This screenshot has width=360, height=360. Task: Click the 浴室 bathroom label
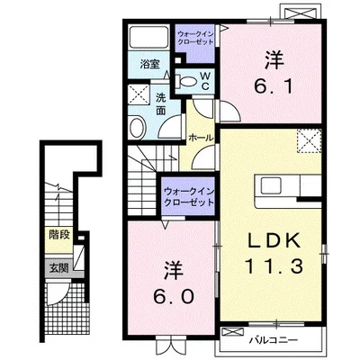tap(149, 64)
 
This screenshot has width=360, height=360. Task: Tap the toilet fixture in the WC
tap(186, 81)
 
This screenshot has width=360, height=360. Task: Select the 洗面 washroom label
tap(161, 104)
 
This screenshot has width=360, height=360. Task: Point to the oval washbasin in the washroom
tap(137, 127)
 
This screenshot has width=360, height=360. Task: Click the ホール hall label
tap(201, 139)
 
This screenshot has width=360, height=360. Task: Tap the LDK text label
tap(274, 240)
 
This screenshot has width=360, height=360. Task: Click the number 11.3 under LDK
tap(274, 266)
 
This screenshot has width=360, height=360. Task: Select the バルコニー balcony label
tap(274, 340)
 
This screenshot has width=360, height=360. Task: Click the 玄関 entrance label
tap(58, 268)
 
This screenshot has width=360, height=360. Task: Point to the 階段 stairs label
tap(59, 235)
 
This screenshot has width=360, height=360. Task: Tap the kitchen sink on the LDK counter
tap(271, 185)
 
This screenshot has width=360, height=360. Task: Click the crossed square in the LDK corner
tap(309, 140)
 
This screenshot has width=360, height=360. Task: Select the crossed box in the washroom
tap(139, 94)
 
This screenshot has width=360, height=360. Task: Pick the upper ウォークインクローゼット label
tap(195, 38)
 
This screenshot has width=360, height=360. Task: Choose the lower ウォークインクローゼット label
tap(189, 196)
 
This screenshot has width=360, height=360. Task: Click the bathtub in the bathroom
tap(148, 37)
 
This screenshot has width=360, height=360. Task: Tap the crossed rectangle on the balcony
tap(233, 333)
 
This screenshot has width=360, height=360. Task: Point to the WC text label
tap(205, 81)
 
